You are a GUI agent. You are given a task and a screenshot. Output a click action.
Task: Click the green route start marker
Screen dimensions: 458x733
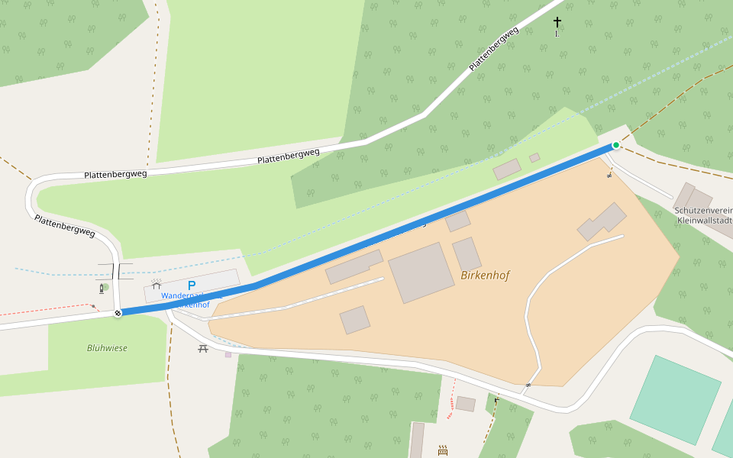pos(615,145)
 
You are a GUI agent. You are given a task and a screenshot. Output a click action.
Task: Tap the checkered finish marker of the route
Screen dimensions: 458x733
pos(118,313)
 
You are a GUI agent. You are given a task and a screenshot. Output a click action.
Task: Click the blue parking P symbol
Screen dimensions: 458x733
pos(192,285)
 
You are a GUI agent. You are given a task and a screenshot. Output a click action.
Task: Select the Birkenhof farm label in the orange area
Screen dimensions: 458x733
pos(485,276)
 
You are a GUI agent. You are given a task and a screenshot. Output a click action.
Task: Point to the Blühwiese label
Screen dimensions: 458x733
pos(107,348)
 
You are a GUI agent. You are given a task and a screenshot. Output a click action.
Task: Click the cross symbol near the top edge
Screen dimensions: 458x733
pos(557,22)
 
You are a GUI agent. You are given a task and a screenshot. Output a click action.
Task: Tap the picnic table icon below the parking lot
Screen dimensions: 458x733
pos(203,348)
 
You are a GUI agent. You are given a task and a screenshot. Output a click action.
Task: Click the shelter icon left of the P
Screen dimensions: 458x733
pos(156,284)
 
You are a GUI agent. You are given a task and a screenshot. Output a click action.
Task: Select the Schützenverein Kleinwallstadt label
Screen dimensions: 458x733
pos(702,214)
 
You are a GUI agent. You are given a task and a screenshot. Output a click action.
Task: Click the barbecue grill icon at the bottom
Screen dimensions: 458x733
pos(443,450)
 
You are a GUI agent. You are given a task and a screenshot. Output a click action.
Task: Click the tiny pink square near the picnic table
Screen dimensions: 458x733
pos(228,354)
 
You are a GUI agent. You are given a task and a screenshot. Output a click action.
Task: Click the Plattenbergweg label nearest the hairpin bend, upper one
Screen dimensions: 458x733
pos(115,174)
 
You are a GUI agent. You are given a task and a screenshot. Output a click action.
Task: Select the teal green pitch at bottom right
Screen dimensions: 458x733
pos(675,399)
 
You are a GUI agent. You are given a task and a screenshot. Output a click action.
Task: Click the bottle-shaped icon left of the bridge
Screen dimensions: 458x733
pos(102,288)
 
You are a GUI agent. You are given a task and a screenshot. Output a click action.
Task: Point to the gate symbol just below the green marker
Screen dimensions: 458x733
pos(609,176)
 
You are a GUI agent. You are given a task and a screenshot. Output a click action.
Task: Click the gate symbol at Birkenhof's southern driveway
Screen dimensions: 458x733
pos(528,385)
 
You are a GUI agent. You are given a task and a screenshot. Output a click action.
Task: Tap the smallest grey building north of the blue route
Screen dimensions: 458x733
pos(534,158)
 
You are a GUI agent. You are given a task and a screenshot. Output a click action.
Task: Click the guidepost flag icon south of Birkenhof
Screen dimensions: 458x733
pos(497,399)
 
